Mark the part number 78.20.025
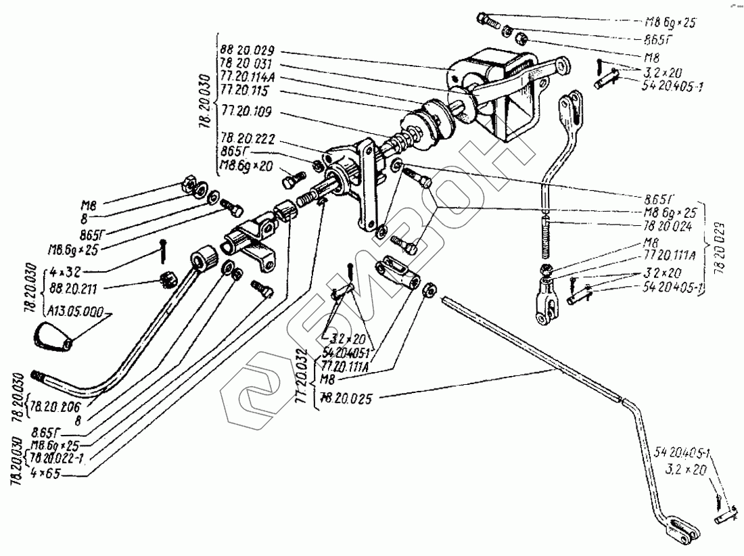point(347,399)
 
